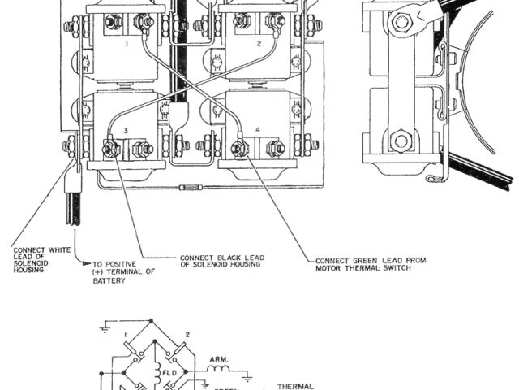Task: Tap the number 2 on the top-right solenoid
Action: pyautogui.click(x=258, y=43)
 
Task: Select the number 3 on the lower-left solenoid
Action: pyautogui.click(x=126, y=130)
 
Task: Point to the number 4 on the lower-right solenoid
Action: pyautogui.click(x=257, y=130)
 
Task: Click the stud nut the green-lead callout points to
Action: pyautogui.click(x=239, y=149)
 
